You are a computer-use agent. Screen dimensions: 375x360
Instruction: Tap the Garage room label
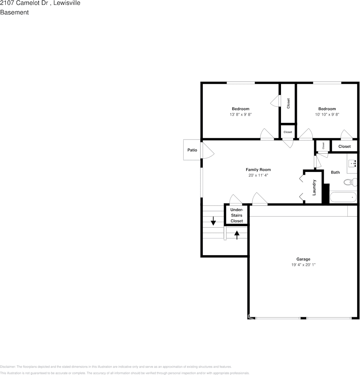click(303, 259)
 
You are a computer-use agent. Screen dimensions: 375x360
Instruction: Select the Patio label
click(192, 150)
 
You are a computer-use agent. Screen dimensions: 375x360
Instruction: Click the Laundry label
click(314, 187)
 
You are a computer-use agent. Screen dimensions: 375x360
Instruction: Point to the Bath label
click(335, 172)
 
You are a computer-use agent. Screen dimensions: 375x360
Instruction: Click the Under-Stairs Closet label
click(237, 215)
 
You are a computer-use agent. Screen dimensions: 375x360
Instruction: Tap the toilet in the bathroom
click(348, 182)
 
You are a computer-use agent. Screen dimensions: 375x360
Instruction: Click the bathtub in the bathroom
click(343, 197)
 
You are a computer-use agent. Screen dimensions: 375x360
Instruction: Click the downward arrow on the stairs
click(213, 221)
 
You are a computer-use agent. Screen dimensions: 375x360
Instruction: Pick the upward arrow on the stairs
click(237, 235)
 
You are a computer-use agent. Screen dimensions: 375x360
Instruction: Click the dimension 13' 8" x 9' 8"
click(241, 115)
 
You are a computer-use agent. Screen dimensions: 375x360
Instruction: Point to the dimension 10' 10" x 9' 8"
click(327, 115)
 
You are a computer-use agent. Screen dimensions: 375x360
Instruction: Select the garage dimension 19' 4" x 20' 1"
click(303, 265)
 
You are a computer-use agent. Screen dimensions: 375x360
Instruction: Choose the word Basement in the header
click(14, 12)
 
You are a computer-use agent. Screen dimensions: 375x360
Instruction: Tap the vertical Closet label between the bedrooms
click(288, 104)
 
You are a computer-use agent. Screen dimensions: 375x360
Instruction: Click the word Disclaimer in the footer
click(8, 367)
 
